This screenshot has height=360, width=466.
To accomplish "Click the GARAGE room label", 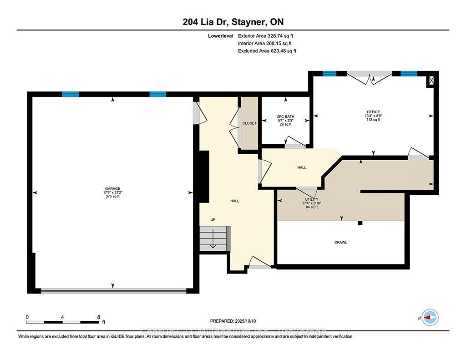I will click(113, 188).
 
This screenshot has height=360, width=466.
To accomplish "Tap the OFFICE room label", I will click(373, 112).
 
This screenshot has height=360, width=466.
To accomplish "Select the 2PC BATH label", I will click(286, 117).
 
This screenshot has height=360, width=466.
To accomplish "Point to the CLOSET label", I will click(249, 123).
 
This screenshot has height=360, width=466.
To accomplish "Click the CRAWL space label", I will click(340, 243).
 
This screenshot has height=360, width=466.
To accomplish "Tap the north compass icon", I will click(430, 317).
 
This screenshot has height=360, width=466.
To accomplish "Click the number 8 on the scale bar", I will click(98, 317).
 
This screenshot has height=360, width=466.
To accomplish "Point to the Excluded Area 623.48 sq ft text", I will click(267, 51).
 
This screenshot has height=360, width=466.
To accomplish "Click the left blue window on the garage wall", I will click(71, 94).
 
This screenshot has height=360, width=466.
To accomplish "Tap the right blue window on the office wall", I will click(409, 73).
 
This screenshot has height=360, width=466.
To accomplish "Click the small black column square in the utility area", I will click(360, 223).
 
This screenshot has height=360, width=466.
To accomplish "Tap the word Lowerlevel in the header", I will click(220, 35).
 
